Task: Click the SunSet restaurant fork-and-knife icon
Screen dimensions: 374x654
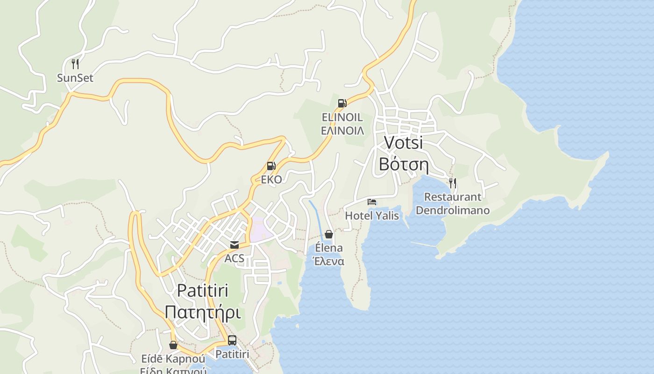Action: [x=75, y=64]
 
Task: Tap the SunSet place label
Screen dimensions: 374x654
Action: [x=75, y=78]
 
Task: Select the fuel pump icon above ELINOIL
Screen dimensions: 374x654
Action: [x=342, y=103]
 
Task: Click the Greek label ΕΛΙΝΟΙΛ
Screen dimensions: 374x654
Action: [x=342, y=130]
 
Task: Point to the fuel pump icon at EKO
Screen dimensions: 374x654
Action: [x=271, y=165]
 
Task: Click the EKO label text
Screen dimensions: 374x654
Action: [x=271, y=180]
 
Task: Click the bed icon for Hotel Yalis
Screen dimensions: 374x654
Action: [x=372, y=201]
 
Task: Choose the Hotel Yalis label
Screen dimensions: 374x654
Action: [x=372, y=216]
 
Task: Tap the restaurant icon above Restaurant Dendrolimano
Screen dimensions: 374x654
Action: [x=452, y=183]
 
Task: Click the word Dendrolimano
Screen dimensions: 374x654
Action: [x=453, y=210]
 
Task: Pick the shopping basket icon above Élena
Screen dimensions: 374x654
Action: [x=329, y=234]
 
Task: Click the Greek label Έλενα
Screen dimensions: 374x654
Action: [x=329, y=261]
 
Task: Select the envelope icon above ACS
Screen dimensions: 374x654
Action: [x=234, y=245]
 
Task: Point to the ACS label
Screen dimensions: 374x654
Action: [x=235, y=259]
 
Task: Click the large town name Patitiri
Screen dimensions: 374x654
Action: [x=203, y=290]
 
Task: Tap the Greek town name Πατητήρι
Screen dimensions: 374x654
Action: [x=203, y=312]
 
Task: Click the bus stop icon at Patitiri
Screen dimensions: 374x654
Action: [x=232, y=340]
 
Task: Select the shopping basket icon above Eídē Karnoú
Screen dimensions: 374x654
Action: [x=173, y=345]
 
